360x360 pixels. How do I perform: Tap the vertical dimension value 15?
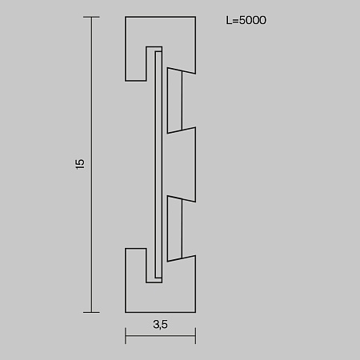pyautogui.click(x=79, y=163)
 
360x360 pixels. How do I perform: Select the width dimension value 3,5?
pyautogui.click(x=161, y=324)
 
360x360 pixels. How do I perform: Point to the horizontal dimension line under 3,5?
pyautogui.click(x=161, y=337)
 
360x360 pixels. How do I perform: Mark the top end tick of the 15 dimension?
pyautogui.click(x=92, y=16)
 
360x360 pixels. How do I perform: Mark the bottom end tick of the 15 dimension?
pyautogui.click(x=92, y=311)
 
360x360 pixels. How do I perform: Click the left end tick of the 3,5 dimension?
pyautogui.click(x=126, y=337)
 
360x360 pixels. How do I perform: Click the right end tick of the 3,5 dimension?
pyautogui.click(x=197, y=337)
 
